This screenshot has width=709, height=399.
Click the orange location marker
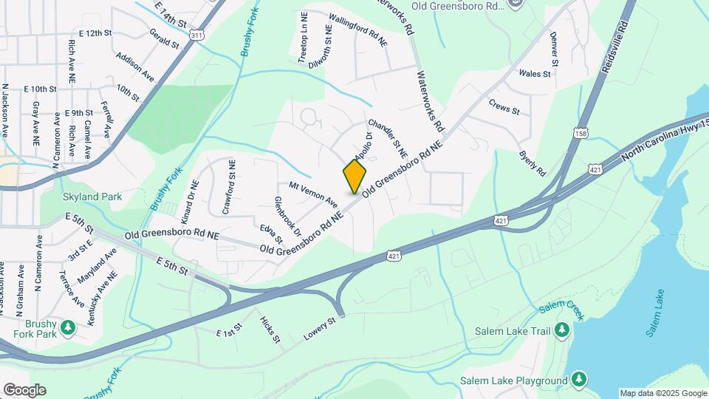tap(354, 177)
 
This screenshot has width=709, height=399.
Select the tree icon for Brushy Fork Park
tap(69, 327)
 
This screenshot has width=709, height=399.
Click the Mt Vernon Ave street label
tap(313, 194)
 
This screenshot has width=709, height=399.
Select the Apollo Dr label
tap(363, 146)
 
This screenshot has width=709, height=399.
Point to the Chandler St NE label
tap(388, 137)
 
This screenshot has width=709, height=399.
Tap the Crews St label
tap(504, 106)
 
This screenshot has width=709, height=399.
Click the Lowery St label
tap(319, 330)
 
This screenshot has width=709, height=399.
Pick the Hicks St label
tap(270, 330)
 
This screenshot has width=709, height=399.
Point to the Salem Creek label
tap(561, 311)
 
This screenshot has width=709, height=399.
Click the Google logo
tap(24, 389)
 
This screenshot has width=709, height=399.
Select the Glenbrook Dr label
tap(288, 216)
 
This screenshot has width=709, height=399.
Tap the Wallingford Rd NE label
tap(357, 30)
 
